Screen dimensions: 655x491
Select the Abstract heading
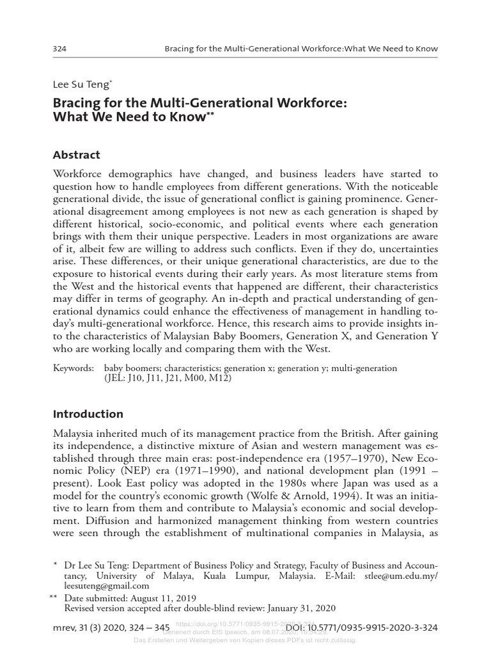(x=77, y=155)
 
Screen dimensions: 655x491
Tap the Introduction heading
(x=88, y=413)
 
